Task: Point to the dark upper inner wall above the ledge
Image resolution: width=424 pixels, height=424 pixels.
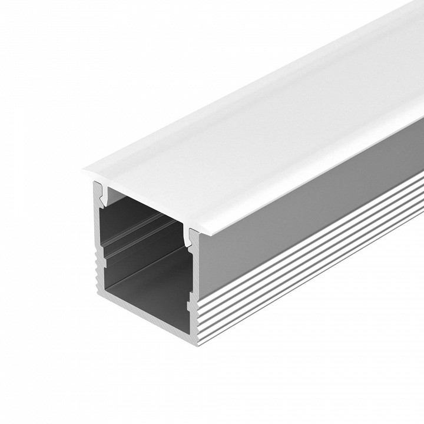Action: [x=141, y=212]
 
